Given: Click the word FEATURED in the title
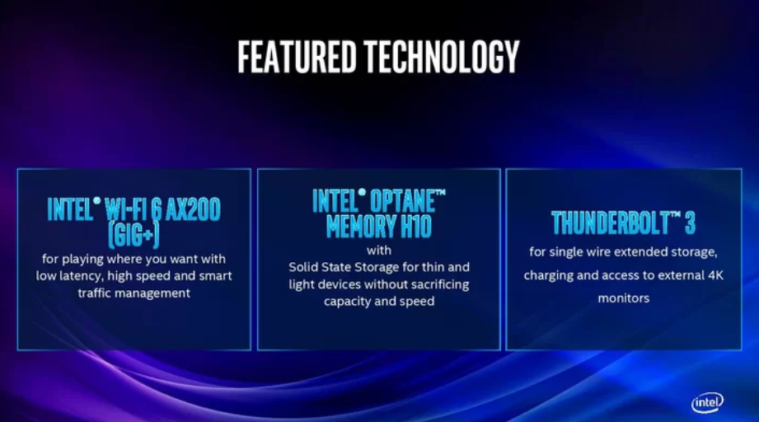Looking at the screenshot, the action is tap(297, 57).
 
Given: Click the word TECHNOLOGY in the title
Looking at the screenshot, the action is tap(442, 57).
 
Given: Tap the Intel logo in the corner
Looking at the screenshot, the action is tap(707, 402).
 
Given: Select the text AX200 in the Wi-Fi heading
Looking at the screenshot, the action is tap(193, 209).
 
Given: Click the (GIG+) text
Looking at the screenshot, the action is tap(134, 235).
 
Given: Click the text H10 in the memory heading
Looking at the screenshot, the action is tap(416, 226).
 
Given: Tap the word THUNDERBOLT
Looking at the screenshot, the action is tap(610, 223).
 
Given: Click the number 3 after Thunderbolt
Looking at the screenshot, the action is tap(690, 223).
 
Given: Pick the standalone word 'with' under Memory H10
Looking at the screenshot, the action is tap(379, 251).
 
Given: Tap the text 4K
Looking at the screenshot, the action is tap(715, 275).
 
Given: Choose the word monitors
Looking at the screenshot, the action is tap(624, 298).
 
